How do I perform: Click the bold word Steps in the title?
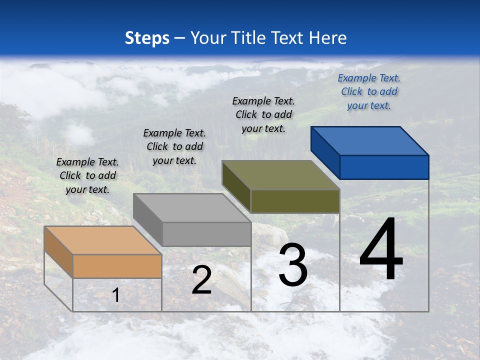[147, 38]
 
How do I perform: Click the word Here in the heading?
[327, 38]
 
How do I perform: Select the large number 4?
[381, 250]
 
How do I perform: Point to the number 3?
[293, 264]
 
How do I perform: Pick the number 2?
[201, 280]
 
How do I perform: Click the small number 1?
[116, 295]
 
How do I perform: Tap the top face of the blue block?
[370, 140]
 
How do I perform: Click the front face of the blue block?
[384, 167]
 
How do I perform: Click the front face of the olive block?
[295, 201]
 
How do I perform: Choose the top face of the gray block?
[192, 207]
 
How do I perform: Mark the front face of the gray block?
[206, 234]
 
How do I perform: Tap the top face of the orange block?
[103, 240]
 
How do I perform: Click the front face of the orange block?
[117, 266]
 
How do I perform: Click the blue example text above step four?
[369, 91]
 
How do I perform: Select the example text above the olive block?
[263, 114]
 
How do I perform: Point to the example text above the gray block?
[174, 146]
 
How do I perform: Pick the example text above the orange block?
[87, 175]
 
